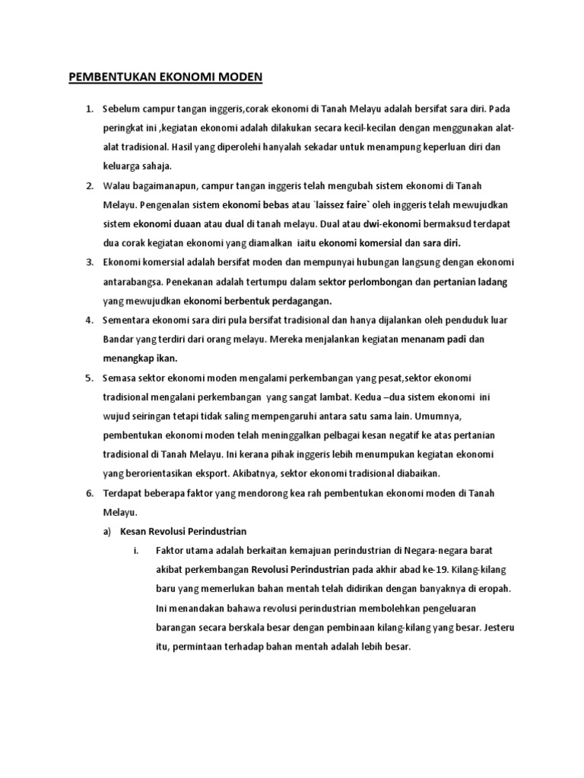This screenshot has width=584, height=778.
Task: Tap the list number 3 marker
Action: (x=89, y=262)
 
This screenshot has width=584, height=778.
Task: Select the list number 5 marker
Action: (x=89, y=378)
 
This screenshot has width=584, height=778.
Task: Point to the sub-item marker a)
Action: (x=107, y=531)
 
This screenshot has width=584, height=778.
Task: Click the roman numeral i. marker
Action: (x=136, y=550)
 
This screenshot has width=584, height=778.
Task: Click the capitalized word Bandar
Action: (x=119, y=339)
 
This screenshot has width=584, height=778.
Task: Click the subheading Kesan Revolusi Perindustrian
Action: (x=184, y=531)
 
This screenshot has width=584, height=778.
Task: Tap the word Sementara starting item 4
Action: (x=129, y=320)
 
